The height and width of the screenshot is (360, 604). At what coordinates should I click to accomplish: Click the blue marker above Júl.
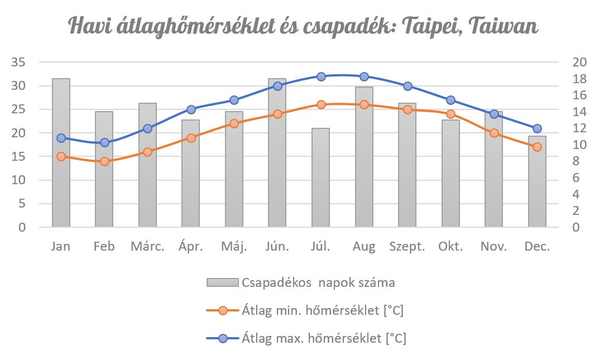coord(321,76)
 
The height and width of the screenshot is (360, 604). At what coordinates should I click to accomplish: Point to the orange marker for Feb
coord(104,161)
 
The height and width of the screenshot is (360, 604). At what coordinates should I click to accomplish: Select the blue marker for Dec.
coord(537,128)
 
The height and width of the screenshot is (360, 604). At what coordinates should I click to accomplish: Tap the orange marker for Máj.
coord(234,123)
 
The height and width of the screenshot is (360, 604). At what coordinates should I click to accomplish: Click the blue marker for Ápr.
coord(191,109)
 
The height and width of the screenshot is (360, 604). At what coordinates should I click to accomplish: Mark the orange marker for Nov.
coord(494,133)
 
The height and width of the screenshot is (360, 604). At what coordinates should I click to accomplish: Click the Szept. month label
coord(408,247)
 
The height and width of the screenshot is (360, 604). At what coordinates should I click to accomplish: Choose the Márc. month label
coord(147,247)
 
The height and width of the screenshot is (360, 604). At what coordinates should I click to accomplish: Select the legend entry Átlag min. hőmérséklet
coord(323,310)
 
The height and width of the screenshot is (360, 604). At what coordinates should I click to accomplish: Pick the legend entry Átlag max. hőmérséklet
coord(324,338)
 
